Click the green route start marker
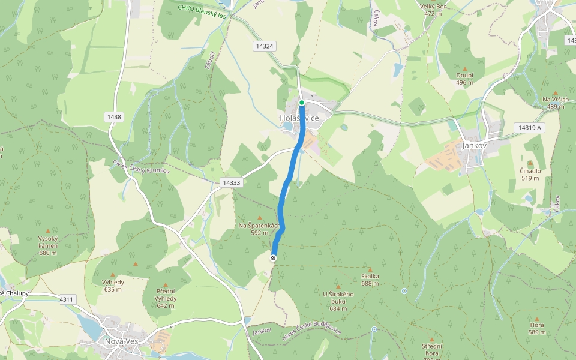pyautogui.click(x=302, y=103)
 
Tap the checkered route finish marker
pyautogui.click(x=274, y=258)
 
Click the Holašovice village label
pyautogui.click(x=299, y=118)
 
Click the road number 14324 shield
pyautogui.click(x=264, y=46)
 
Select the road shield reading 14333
pyautogui.click(x=231, y=182)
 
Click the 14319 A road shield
pyautogui.click(x=527, y=128)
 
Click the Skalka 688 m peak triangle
pyautogui.click(x=370, y=270)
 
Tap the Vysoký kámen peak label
pyautogui.click(x=47, y=241)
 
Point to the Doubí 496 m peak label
pyautogui.click(x=465, y=79)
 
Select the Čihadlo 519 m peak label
pyautogui.click(x=530, y=174)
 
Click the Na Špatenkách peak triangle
pyautogui.click(x=259, y=218)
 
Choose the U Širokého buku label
pyautogui.click(x=338, y=298)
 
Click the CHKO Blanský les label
pyautogui.click(x=202, y=11)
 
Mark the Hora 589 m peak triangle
pyautogui.click(x=536, y=319)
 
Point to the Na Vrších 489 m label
pyautogui.click(x=555, y=103)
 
